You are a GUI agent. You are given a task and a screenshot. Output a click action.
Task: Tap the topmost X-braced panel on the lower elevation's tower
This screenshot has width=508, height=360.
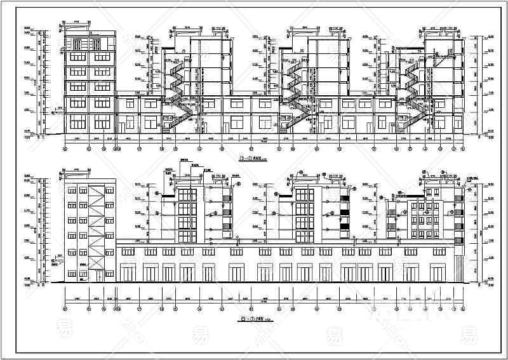97,194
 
